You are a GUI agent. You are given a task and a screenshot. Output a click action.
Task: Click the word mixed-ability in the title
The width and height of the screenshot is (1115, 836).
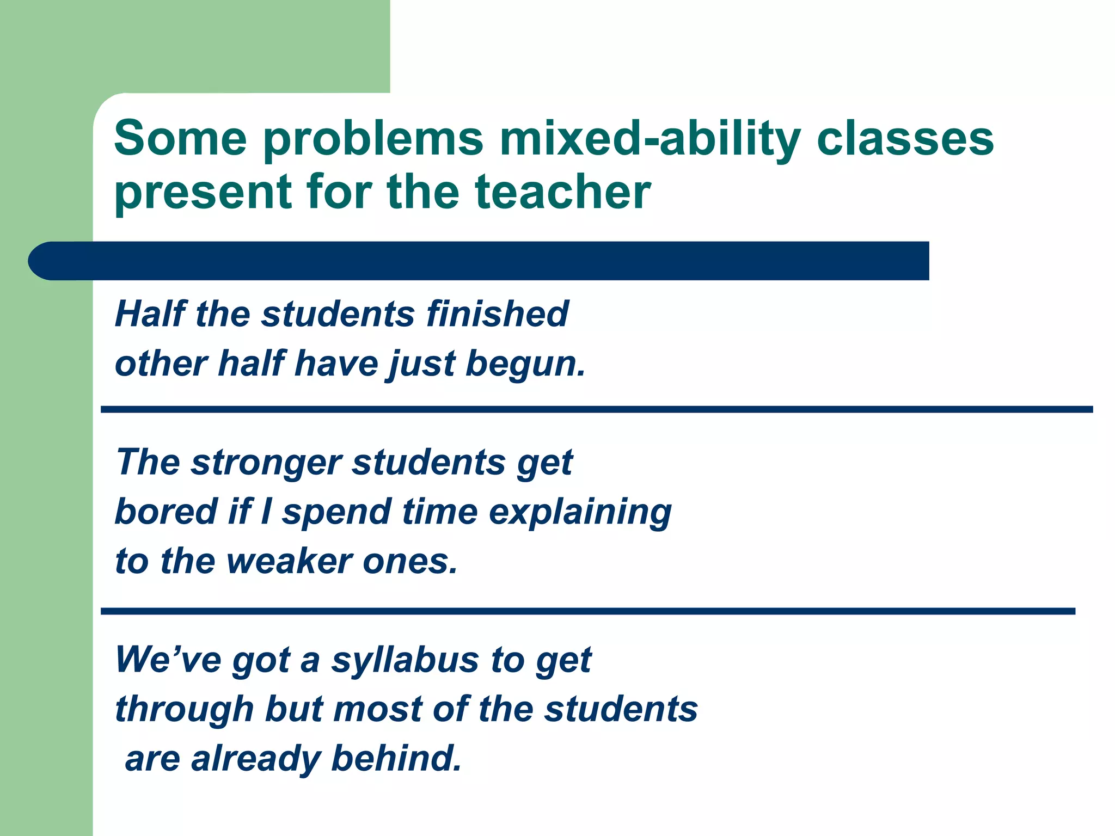pyautogui.click(x=650, y=139)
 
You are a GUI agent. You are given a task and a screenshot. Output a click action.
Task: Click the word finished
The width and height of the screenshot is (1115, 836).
pyautogui.click(x=497, y=314)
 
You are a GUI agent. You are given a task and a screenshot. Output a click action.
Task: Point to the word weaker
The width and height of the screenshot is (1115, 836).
pyautogui.click(x=295, y=561)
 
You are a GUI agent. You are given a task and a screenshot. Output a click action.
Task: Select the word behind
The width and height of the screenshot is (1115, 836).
pyautogui.click(x=396, y=759)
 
